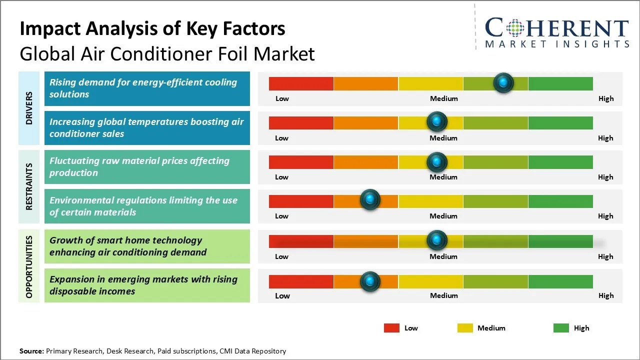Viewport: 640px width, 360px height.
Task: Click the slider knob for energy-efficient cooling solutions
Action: [503, 82]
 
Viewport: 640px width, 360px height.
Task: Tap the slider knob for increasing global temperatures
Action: [437, 121]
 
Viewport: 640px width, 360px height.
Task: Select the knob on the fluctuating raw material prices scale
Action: [437, 161]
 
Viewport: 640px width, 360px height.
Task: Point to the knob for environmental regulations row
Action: [370, 200]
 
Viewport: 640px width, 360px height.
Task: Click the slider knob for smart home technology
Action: [437, 240]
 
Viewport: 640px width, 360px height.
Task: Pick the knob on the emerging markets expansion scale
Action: [370, 281]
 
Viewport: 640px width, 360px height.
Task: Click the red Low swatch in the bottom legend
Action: [391, 328]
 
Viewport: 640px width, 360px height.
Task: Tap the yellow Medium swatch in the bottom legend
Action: [465, 328]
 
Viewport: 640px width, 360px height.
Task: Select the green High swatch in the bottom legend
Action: [561, 328]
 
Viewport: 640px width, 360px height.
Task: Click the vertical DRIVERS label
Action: [29, 108]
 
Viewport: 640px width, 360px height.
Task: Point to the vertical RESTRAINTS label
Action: [29, 186]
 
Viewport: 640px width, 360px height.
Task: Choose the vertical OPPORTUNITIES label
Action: [29, 266]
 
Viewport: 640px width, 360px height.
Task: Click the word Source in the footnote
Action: [31, 351]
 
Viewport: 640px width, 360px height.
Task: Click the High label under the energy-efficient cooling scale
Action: [606, 98]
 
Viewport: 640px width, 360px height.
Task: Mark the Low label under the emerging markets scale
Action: [282, 295]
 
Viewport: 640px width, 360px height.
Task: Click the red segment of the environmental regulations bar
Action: [301, 201]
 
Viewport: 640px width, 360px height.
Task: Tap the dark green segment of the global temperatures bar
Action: [560, 122]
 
